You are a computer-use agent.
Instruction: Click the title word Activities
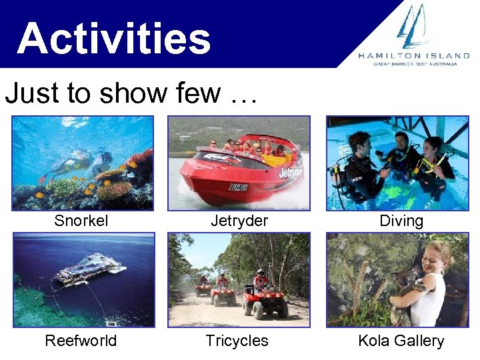click(114, 38)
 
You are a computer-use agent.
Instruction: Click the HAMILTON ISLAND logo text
click(413, 56)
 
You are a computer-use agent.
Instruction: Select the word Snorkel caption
click(81, 221)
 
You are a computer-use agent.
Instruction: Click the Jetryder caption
click(239, 221)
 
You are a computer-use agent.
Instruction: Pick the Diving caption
click(401, 221)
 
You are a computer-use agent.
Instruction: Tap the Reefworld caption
click(81, 341)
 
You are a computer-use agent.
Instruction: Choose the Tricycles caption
click(237, 341)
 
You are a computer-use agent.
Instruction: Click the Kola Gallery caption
click(401, 341)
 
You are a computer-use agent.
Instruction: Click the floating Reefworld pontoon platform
click(90, 270)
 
